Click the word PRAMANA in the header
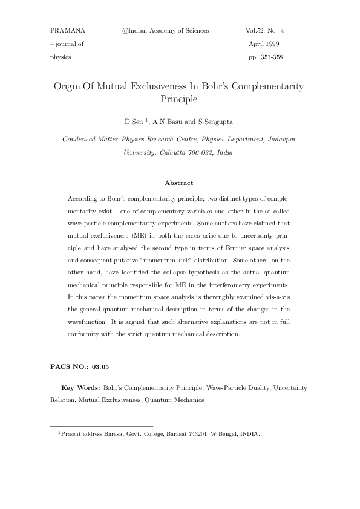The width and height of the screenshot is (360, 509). click(x=68, y=30)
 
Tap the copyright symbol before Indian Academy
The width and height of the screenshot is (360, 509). click(x=125, y=30)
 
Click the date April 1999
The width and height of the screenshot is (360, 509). click(x=264, y=44)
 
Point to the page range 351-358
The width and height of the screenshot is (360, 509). click(x=272, y=57)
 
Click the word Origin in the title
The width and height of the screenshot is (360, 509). click(x=70, y=86)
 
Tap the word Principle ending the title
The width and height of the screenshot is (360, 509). click(x=179, y=98)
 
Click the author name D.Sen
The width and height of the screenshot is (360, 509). click(x=134, y=122)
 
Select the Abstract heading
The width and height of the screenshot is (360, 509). click(x=179, y=183)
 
